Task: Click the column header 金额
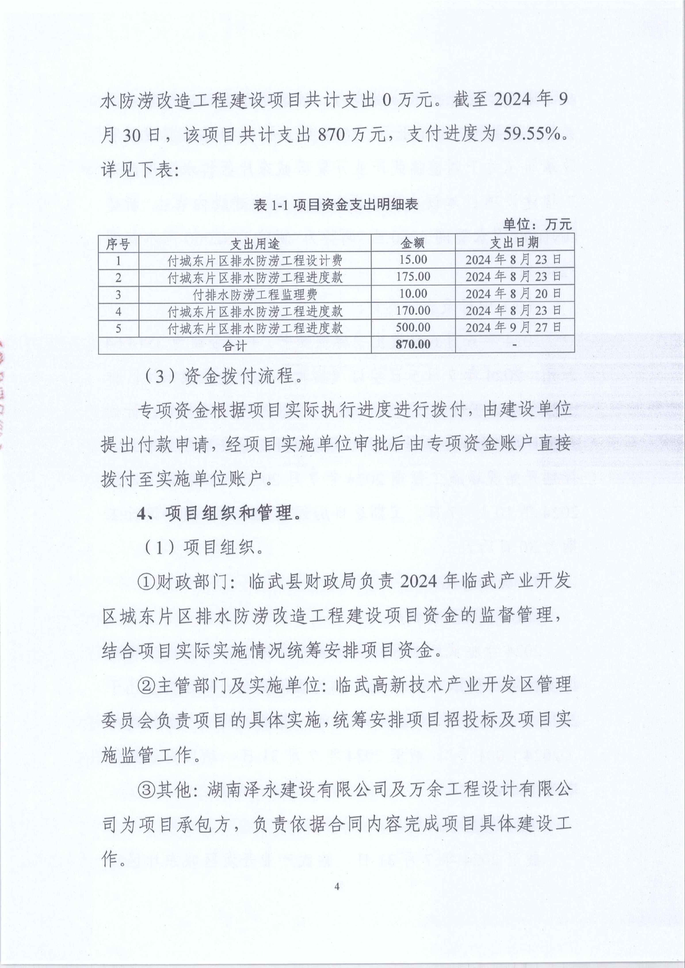pyautogui.click(x=412, y=243)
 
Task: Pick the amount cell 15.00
pyautogui.click(x=413, y=260)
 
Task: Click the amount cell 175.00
pyautogui.click(x=413, y=277)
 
